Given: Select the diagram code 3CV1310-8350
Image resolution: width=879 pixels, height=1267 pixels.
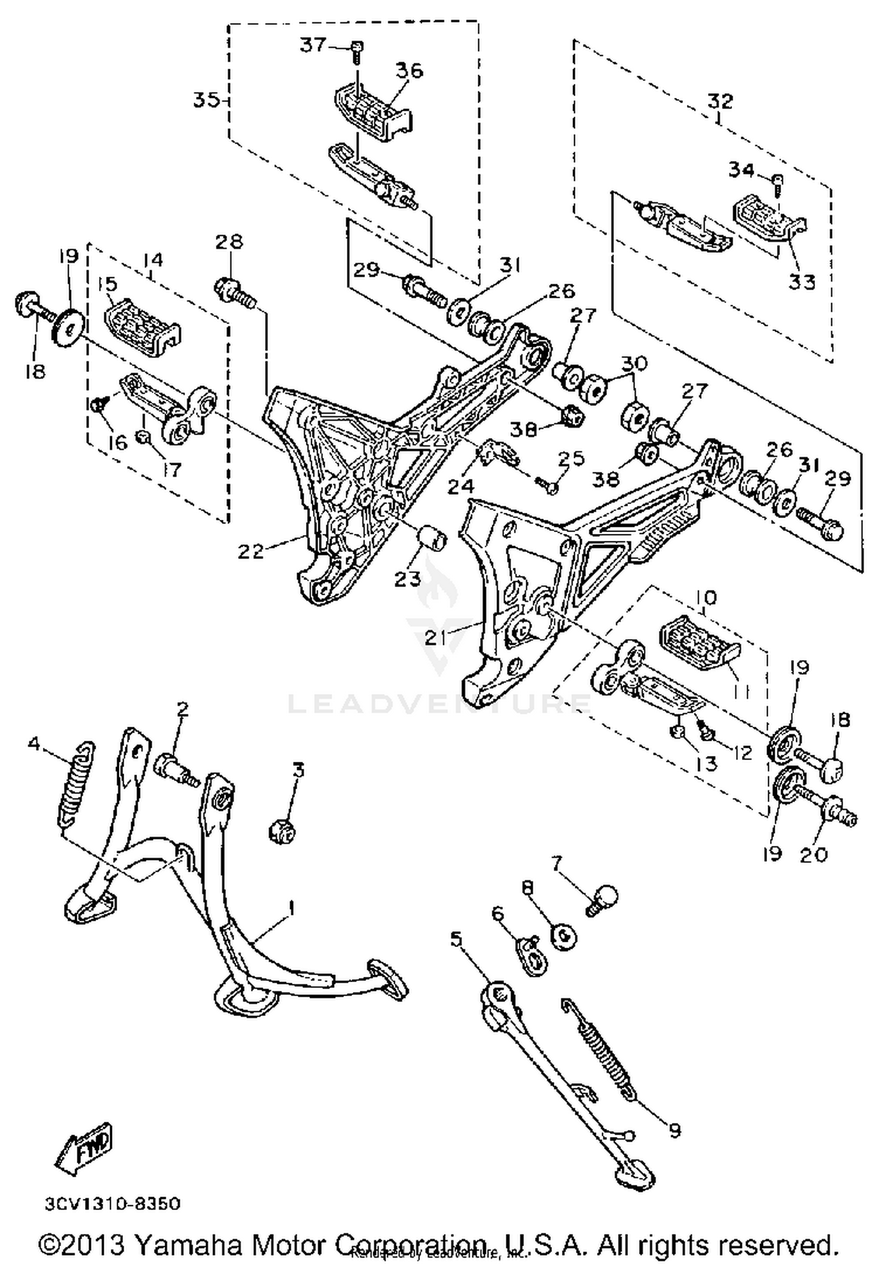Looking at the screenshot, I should tap(112, 1204).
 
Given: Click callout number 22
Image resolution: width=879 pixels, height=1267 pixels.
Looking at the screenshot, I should tap(251, 551).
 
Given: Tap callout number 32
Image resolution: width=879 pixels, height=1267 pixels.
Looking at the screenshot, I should tap(720, 101).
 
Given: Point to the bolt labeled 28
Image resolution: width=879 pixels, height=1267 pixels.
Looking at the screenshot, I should tap(236, 291).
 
